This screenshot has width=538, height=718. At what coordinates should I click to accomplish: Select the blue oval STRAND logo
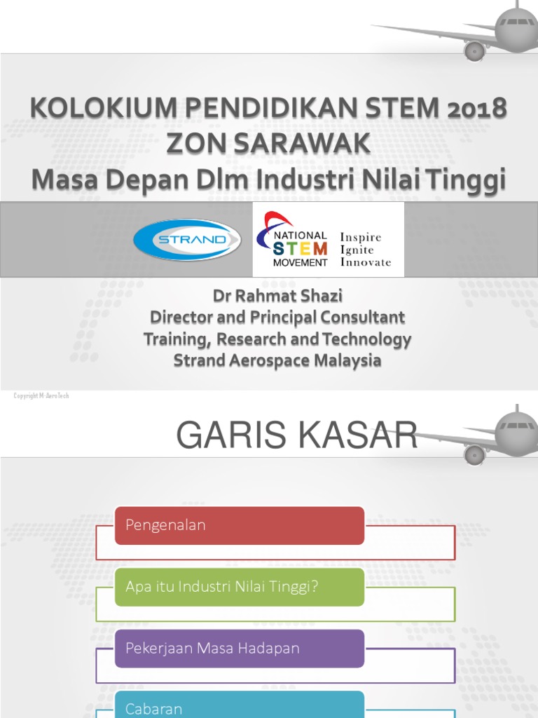coord(187,239)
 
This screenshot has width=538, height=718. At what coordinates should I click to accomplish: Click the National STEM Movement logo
coord(294,241)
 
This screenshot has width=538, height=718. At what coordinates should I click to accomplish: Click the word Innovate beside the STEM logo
coord(366,262)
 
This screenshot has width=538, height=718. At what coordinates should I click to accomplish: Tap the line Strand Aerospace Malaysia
coord(277,360)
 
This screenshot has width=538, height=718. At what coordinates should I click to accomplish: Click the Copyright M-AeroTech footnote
coord(41,396)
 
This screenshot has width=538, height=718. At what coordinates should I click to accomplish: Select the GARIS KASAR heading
coord(296,435)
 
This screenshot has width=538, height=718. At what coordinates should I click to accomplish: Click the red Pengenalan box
coord(239,525)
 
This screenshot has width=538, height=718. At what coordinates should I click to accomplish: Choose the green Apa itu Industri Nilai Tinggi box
coord(239,587)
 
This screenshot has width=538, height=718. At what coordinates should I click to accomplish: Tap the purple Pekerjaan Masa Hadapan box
coord(239,649)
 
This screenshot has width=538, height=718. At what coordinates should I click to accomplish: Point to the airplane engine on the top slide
coord(475,50)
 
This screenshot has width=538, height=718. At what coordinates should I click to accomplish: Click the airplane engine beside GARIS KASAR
coord(475,454)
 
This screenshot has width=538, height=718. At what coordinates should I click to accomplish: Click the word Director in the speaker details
coord(180,318)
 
